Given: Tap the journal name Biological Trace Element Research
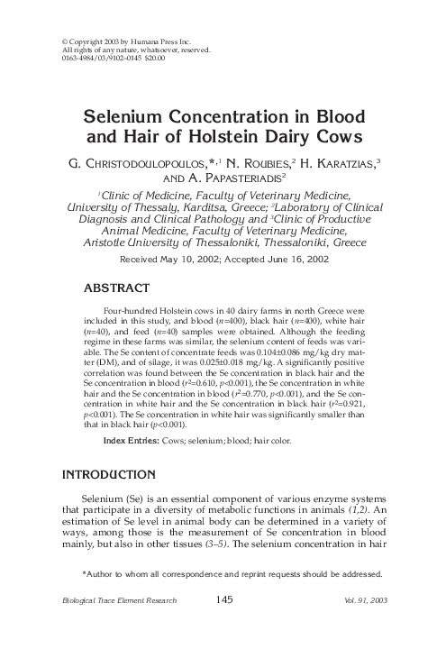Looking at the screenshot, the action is (x=119, y=600).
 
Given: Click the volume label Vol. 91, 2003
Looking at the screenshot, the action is (x=369, y=600).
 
